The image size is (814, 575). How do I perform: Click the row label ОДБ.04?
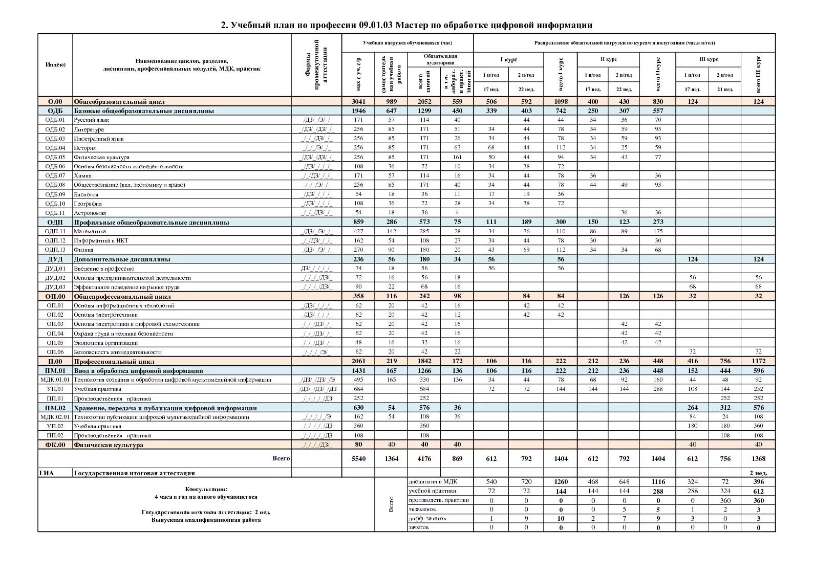[55, 148]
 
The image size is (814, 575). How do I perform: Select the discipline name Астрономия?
[90, 213]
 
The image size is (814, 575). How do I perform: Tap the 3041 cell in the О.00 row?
[358, 101]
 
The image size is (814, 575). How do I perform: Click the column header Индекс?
[55, 64]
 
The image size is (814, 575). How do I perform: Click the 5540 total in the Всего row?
[358, 458]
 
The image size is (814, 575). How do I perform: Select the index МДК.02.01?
[55, 417]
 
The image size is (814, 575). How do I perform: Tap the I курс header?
[508, 59]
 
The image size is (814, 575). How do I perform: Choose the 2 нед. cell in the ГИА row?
[758, 473]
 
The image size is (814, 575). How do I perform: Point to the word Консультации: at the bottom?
[206, 489]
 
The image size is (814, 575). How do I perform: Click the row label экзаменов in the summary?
[422, 509]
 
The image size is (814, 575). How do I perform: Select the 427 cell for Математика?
[358, 231]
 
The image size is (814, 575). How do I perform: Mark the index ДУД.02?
[55, 278]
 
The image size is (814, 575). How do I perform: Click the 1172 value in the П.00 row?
[758, 361]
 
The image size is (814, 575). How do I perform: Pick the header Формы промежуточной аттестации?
[316, 64]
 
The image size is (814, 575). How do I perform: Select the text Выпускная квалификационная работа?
[206, 520]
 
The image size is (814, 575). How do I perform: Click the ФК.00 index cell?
[55, 445]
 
